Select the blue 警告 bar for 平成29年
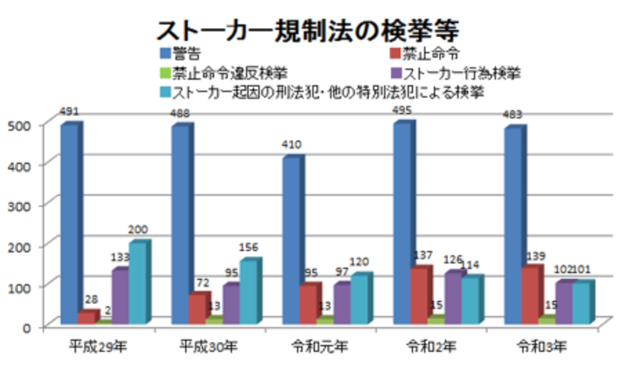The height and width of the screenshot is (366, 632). click(69, 223)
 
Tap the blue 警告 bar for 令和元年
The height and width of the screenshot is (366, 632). click(291, 239)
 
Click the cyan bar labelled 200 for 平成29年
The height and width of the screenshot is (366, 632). click(138, 283)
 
